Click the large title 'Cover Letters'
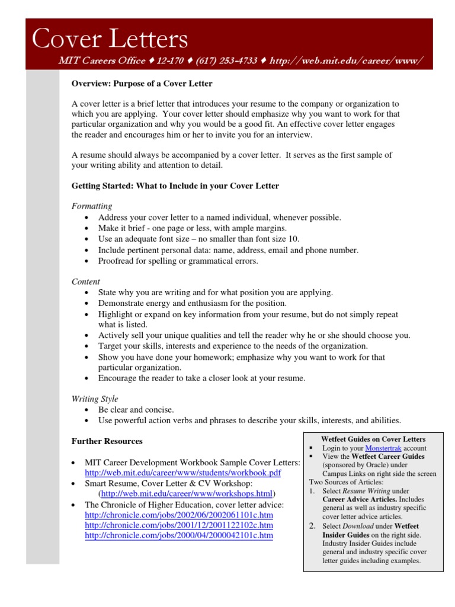point(110,39)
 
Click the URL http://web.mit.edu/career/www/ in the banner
point(346,61)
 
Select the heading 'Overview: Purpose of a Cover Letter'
point(142,84)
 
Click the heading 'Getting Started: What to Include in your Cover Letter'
point(175,186)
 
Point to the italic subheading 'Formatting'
point(92,206)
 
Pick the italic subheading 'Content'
point(86,282)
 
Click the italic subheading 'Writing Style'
point(95,399)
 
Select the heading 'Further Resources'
point(107,441)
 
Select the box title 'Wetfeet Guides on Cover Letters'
point(373,439)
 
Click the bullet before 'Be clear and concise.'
point(87,410)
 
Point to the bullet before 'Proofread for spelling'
point(87,261)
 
